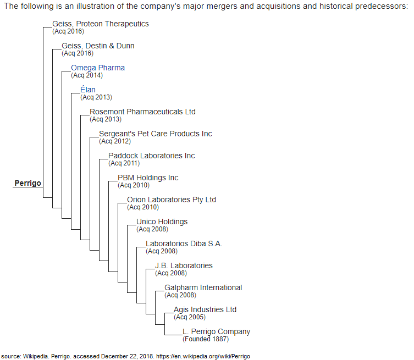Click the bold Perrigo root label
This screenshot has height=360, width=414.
pyautogui.click(x=27, y=183)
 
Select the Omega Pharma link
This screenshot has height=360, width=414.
pyautogui.click(x=98, y=68)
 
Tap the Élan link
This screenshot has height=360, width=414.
pyautogui.click(x=88, y=90)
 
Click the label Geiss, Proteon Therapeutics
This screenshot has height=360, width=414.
pyautogui.click(x=101, y=24)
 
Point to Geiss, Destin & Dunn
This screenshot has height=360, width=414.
pyautogui.click(x=98, y=46)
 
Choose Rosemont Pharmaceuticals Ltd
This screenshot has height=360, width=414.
pyautogui.click(x=142, y=112)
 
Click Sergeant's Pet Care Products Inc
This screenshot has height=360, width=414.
pyautogui.click(x=156, y=134)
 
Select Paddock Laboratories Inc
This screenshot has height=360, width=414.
pyautogui.click(x=151, y=156)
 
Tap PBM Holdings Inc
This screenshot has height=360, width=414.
pyautogui.click(x=148, y=178)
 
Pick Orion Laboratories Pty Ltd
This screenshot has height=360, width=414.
pyautogui.click(x=172, y=200)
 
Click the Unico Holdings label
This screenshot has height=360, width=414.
pyautogui.click(x=162, y=221)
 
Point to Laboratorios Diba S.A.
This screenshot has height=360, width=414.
pyautogui.click(x=184, y=243)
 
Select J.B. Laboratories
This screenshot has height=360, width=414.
pyautogui.click(x=184, y=265)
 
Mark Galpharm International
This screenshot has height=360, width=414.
pyautogui.click(x=203, y=287)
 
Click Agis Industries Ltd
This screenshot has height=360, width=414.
pyautogui.click(x=205, y=309)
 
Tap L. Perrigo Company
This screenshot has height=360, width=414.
pyautogui.click(x=217, y=331)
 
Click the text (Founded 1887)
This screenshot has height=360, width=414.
pyautogui.click(x=206, y=339)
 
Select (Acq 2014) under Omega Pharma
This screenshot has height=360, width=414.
pyautogui.click(x=87, y=75)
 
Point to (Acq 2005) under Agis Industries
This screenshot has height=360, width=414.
pyautogui.click(x=190, y=317)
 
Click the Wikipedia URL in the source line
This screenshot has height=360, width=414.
pyautogui.click(x=203, y=356)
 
